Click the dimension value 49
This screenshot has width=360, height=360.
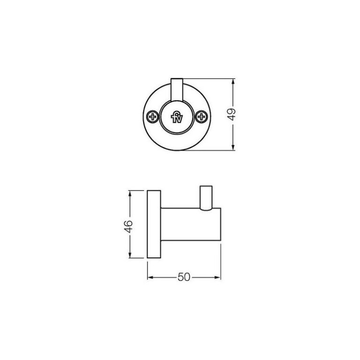(x=233, y=115)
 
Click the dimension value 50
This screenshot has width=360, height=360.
(x=184, y=277)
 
